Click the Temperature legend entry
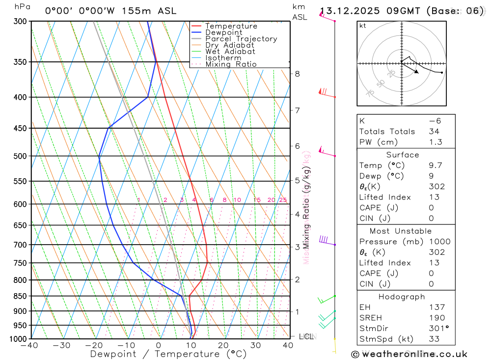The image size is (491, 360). click(x=231, y=26)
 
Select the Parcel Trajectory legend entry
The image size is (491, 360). click(x=241, y=39)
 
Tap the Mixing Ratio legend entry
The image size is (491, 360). click(x=231, y=64)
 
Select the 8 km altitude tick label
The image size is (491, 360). click(x=297, y=74)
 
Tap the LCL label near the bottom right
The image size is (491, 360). click(x=306, y=336)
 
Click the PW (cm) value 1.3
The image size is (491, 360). click(x=435, y=142)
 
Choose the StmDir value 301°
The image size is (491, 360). click(x=437, y=328)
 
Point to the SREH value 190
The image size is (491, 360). click(x=436, y=318)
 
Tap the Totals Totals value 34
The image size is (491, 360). click(x=434, y=131)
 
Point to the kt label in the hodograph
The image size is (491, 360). click(x=362, y=26)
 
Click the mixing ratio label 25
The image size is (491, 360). click(x=283, y=200)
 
